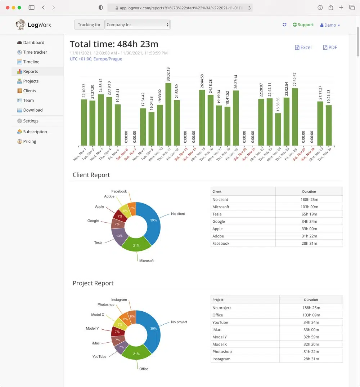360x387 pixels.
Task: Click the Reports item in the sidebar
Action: click(31, 71)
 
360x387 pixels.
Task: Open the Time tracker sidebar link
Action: click(35, 52)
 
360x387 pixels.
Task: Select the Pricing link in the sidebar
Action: click(30, 141)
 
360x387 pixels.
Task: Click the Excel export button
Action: click(303, 47)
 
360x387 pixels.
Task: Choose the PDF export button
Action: click(330, 47)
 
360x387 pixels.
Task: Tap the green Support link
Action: click(303, 25)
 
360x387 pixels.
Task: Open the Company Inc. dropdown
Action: click(137, 25)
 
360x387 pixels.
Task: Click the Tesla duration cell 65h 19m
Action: click(309, 214)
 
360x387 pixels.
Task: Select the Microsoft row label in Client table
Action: click(221, 207)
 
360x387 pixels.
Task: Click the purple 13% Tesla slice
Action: click(119, 236)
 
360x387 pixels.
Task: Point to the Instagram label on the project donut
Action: click(119, 299)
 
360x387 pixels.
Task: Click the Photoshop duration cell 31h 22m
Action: click(311, 351)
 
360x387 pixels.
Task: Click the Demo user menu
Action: click(330, 25)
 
